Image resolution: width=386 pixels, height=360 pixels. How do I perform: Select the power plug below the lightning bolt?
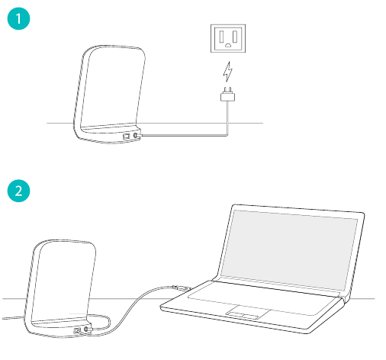pos(226,96)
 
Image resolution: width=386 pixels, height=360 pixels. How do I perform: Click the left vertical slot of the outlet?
pos(221,36)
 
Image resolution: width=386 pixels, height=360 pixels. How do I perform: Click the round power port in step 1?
pos(136,134)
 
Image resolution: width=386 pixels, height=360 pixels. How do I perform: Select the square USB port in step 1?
pos(126,134)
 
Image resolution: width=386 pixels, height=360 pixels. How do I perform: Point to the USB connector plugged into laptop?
pos(177,287)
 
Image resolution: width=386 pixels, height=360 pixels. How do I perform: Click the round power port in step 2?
pos(86,329)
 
